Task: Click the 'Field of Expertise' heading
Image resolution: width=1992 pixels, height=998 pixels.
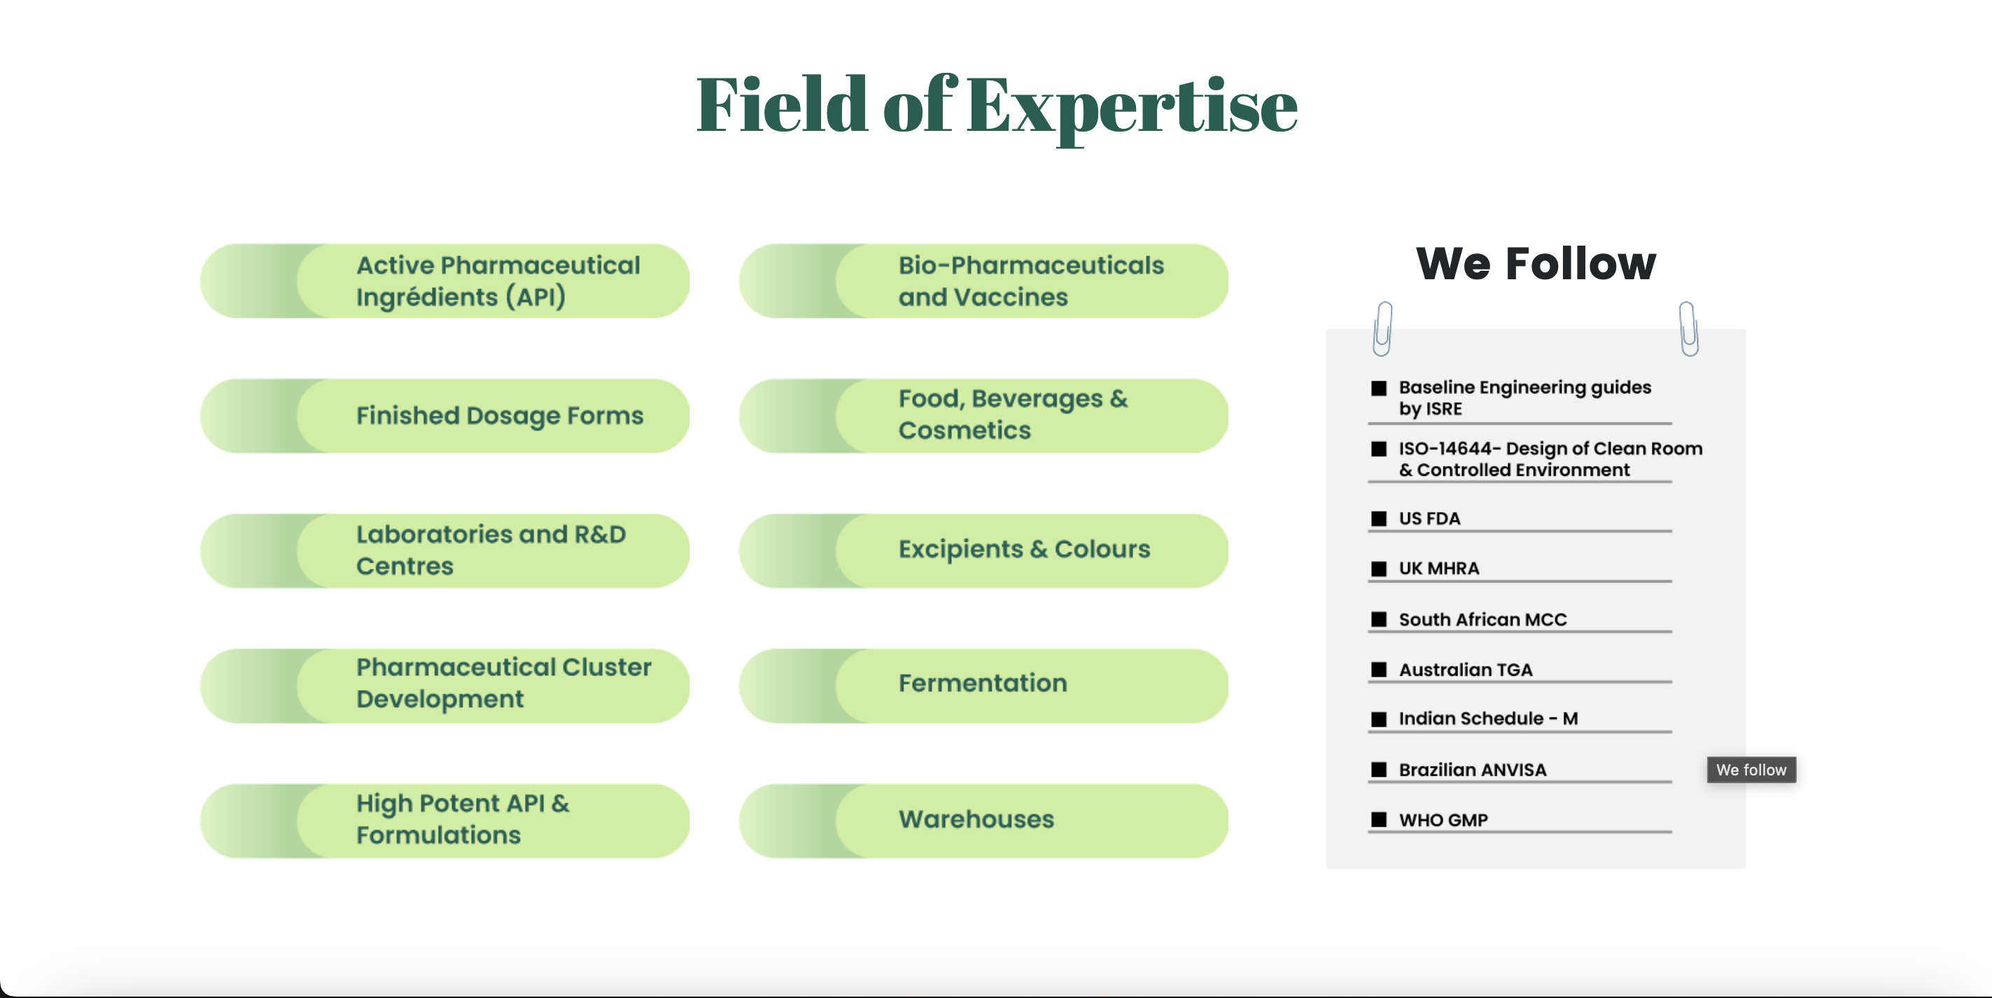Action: pos(997,106)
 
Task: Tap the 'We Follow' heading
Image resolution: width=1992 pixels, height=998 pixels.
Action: pos(1536,263)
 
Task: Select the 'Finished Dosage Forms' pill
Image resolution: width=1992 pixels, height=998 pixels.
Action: pos(444,416)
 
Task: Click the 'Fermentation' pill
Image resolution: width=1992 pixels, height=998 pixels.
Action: pos(983,686)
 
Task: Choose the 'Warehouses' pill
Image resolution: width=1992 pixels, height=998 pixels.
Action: pos(983,821)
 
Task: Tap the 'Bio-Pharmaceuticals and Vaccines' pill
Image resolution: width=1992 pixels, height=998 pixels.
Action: pos(983,281)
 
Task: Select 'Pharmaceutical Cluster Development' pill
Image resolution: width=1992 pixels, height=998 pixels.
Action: pos(444,686)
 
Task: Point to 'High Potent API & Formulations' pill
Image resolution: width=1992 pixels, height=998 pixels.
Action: pos(444,821)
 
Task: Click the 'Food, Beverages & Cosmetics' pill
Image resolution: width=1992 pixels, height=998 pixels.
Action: pos(983,416)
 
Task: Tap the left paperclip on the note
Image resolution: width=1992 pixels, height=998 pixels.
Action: pos(1382,328)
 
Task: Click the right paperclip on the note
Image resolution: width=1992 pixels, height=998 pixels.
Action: pos(1689,328)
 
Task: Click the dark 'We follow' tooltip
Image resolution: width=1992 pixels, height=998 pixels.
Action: pos(1751,770)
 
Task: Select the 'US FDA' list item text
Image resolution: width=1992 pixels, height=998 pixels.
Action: pos(1429,519)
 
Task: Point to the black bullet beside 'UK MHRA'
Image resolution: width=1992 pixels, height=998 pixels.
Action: pos(1379,569)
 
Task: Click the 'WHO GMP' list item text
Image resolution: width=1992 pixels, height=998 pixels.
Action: pos(1443,820)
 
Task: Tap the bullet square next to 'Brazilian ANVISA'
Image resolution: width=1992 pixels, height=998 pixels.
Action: pos(1379,770)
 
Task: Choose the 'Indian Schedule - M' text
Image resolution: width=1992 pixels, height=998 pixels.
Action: pos(1488,719)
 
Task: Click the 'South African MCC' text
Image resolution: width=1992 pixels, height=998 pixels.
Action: pos(1482,620)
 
